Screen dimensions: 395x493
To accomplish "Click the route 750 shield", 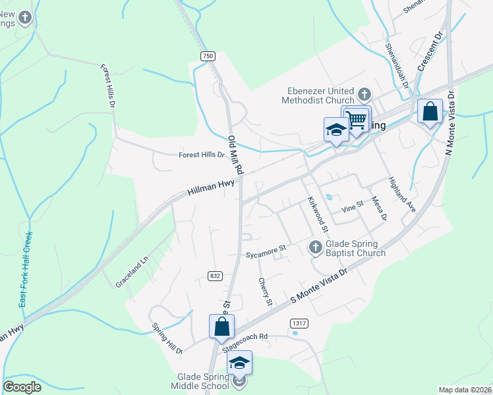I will (x=208, y=57).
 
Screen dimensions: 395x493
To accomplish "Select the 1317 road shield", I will (x=299, y=323).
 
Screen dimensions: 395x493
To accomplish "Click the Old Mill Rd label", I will (x=235, y=155).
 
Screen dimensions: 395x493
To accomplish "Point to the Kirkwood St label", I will (x=318, y=215).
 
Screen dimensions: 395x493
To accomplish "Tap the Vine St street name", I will (x=352, y=208).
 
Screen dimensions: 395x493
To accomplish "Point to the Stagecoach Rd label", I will (x=245, y=336).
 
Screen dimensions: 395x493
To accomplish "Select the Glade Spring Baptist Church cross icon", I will (x=315, y=248).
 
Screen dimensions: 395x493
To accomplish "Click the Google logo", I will (x=22, y=387).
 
